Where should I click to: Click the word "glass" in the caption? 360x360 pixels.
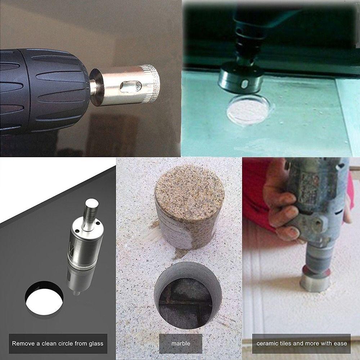(x=95, y=343)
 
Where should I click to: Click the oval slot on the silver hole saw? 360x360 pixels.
(x=129, y=86)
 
